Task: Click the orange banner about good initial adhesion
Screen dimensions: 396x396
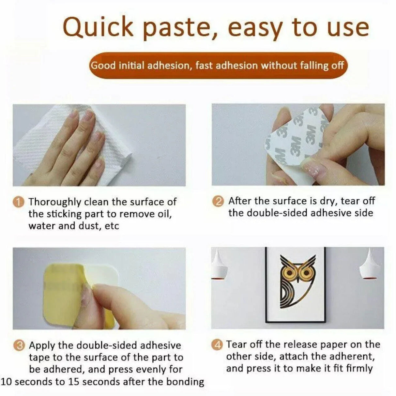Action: click(218, 66)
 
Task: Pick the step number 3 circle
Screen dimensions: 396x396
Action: click(20, 345)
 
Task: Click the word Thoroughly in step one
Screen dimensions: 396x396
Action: click(55, 202)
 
